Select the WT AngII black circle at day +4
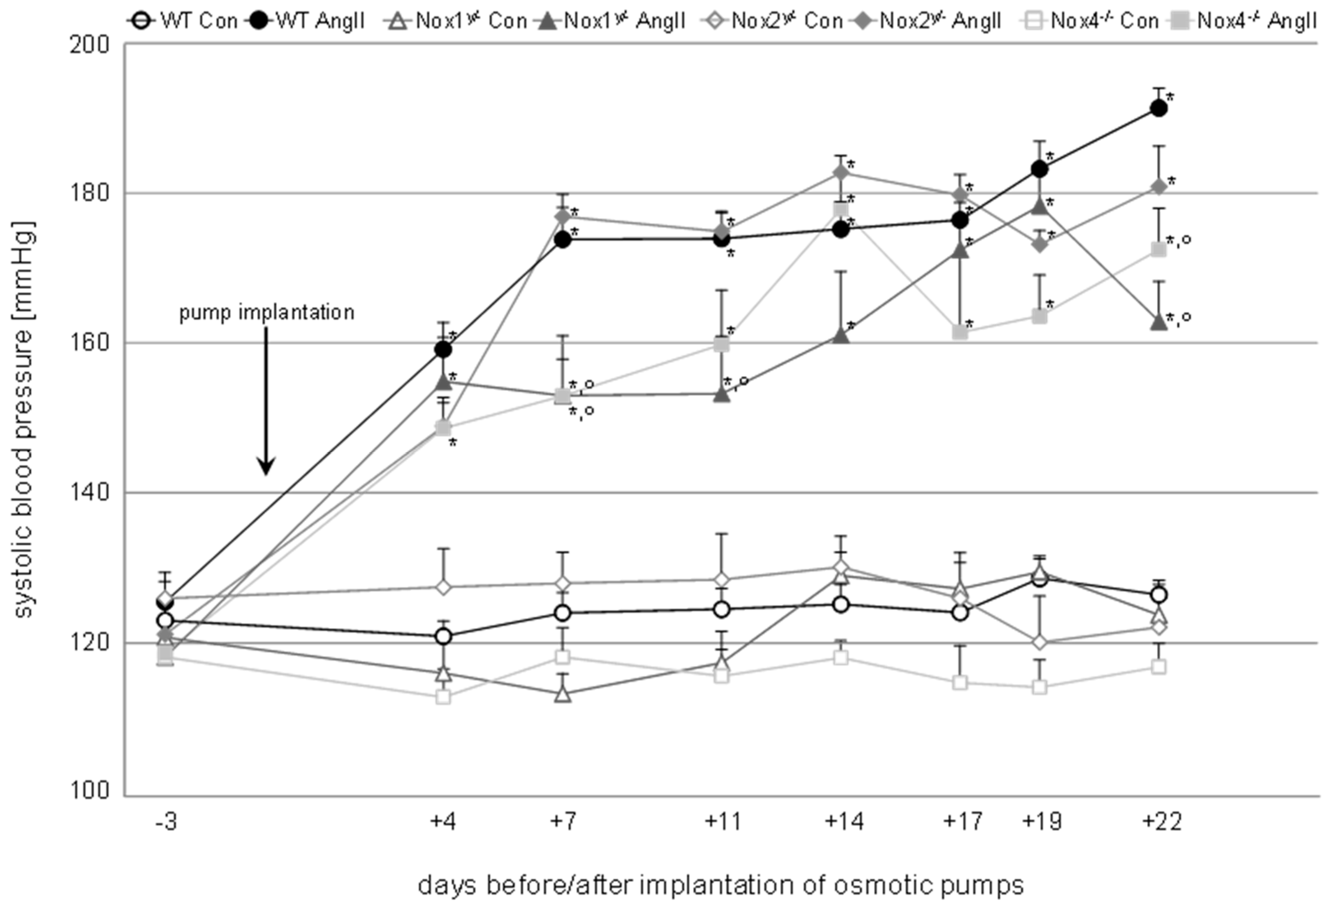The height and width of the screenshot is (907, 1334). (442, 349)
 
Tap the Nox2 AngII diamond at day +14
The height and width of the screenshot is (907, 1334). (841, 172)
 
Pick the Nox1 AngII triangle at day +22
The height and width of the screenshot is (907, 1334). (1158, 322)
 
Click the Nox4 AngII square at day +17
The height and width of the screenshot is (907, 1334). (960, 332)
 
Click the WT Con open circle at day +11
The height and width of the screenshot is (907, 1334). (722, 609)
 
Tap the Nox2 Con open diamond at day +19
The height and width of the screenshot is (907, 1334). (1040, 642)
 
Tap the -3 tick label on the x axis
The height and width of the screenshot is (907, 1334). (165, 822)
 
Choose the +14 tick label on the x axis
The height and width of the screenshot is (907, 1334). (843, 822)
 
